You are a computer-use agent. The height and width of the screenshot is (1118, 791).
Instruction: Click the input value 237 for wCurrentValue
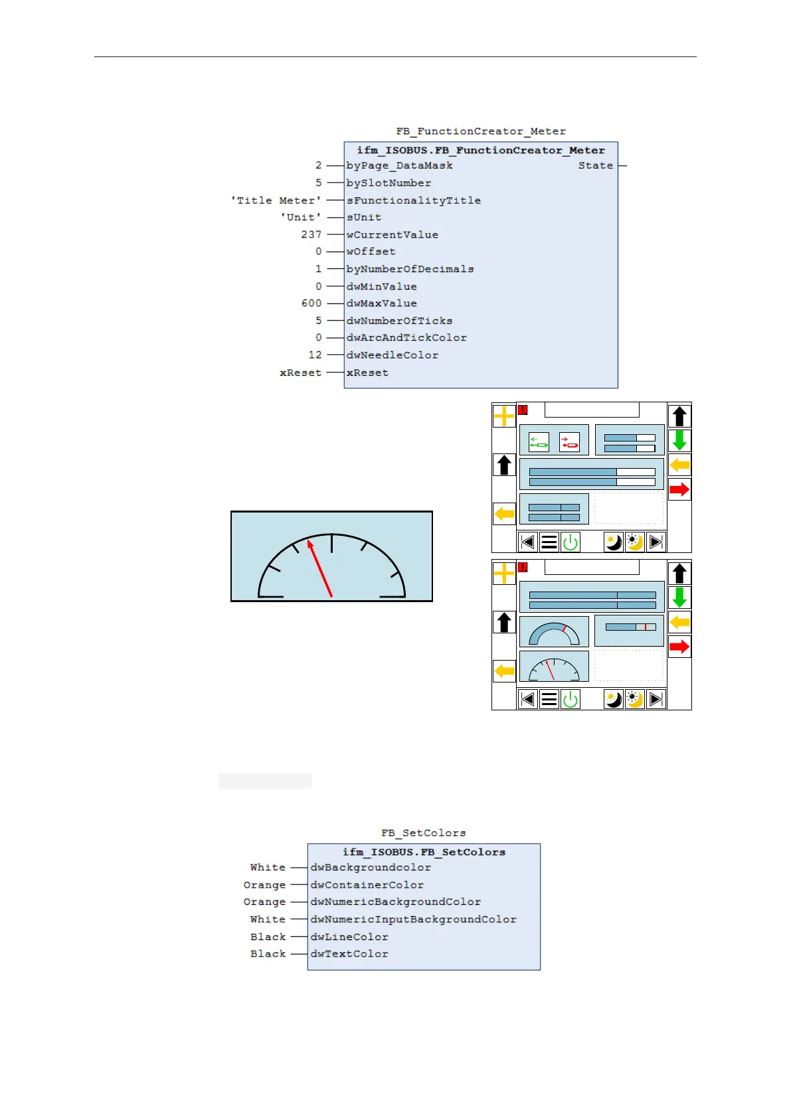coord(311,234)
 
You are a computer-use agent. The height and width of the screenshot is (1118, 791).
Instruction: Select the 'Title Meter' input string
coord(276,200)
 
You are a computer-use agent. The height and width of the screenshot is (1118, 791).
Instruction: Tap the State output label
coord(595,165)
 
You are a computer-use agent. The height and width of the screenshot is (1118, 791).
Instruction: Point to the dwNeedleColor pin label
coord(392,355)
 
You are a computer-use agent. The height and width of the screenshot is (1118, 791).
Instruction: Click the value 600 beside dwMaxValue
coord(311,303)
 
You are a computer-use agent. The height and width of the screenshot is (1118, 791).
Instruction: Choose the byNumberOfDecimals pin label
coord(410,269)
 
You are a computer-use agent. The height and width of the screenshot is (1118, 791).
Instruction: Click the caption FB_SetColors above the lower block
coord(423,833)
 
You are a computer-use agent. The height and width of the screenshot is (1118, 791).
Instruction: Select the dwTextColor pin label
coord(349,954)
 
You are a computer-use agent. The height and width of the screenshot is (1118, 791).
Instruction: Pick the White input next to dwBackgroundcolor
coord(268,867)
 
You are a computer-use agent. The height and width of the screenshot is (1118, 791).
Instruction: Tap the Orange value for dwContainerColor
coord(264,884)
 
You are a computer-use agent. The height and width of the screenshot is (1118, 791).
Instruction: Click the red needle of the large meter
coord(320,568)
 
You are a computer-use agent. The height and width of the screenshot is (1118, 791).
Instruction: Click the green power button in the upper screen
coord(571,542)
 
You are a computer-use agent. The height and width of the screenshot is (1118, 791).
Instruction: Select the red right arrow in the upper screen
coord(679,490)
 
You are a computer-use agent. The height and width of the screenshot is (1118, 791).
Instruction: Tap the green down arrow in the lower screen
coord(679,598)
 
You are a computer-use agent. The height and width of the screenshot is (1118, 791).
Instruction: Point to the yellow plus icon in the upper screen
coord(504,416)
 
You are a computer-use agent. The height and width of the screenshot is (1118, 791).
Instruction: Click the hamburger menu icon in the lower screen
coord(549,699)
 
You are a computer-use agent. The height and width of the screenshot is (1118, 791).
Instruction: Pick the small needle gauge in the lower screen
coord(553,667)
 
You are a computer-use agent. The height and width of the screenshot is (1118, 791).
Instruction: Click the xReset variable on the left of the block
coord(300,372)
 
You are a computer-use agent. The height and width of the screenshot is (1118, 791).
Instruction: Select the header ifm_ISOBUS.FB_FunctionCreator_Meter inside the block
coord(481,150)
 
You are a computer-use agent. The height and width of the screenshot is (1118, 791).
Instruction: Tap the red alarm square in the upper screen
coord(523,410)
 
